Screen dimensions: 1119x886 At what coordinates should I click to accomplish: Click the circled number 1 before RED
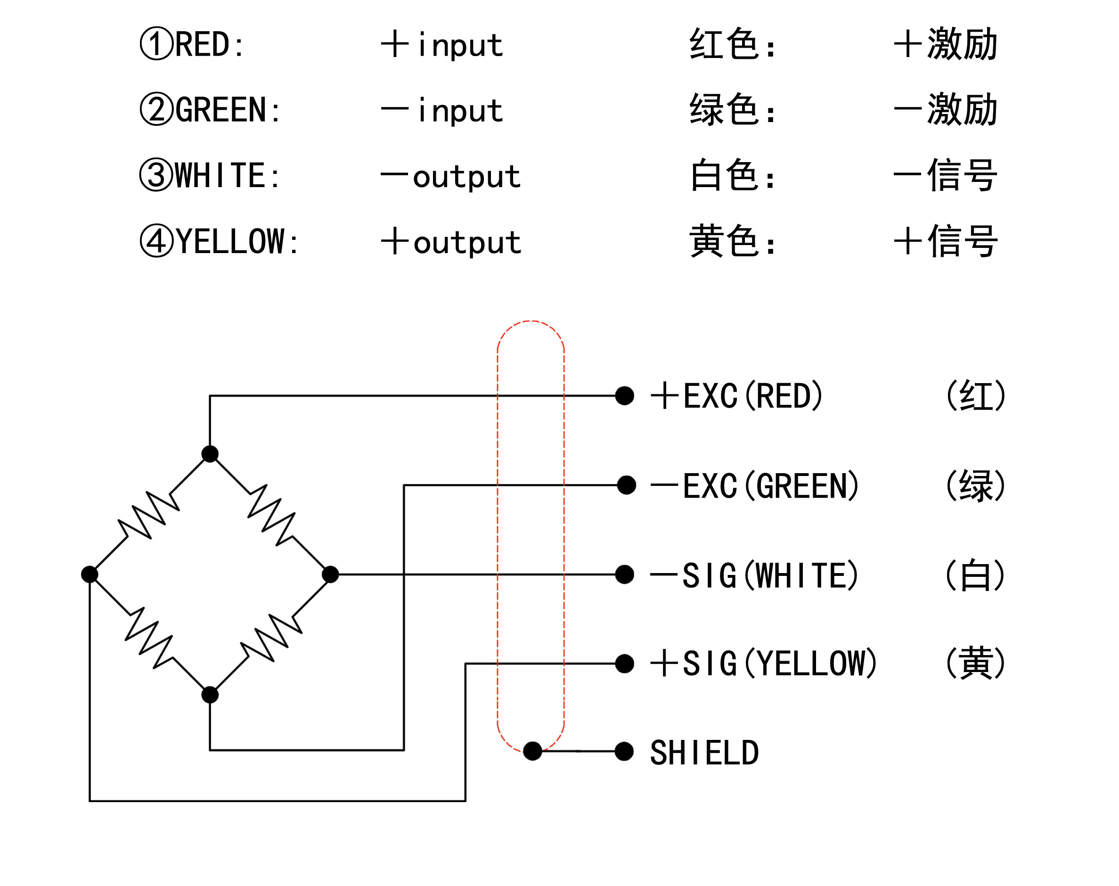click(x=156, y=43)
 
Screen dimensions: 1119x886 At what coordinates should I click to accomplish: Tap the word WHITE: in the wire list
click(x=227, y=175)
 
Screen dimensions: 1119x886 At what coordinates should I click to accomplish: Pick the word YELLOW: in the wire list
click(x=237, y=241)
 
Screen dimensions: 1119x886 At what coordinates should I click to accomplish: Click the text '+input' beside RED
click(x=442, y=45)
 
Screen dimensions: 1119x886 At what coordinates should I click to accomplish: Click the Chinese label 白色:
click(x=732, y=175)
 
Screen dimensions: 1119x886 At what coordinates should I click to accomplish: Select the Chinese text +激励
click(x=945, y=43)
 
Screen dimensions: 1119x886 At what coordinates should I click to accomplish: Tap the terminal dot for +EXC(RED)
click(x=624, y=396)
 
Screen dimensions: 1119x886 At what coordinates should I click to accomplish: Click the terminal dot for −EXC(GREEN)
click(x=626, y=485)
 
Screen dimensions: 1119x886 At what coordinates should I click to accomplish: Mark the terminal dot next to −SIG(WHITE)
click(x=624, y=574)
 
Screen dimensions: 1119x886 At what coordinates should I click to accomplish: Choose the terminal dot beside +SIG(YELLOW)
click(x=624, y=664)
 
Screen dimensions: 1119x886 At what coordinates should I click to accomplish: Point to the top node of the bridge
click(x=210, y=454)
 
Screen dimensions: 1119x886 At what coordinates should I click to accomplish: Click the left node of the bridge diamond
click(x=90, y=574)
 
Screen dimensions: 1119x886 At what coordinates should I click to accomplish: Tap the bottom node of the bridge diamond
click(x=210, y=695)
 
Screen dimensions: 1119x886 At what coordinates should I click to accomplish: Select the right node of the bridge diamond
click(x=330, y=574)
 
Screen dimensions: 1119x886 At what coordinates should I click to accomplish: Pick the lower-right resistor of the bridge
click(x=270, y=637)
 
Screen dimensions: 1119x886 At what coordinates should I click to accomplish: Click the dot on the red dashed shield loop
click(x=532, y=751)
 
